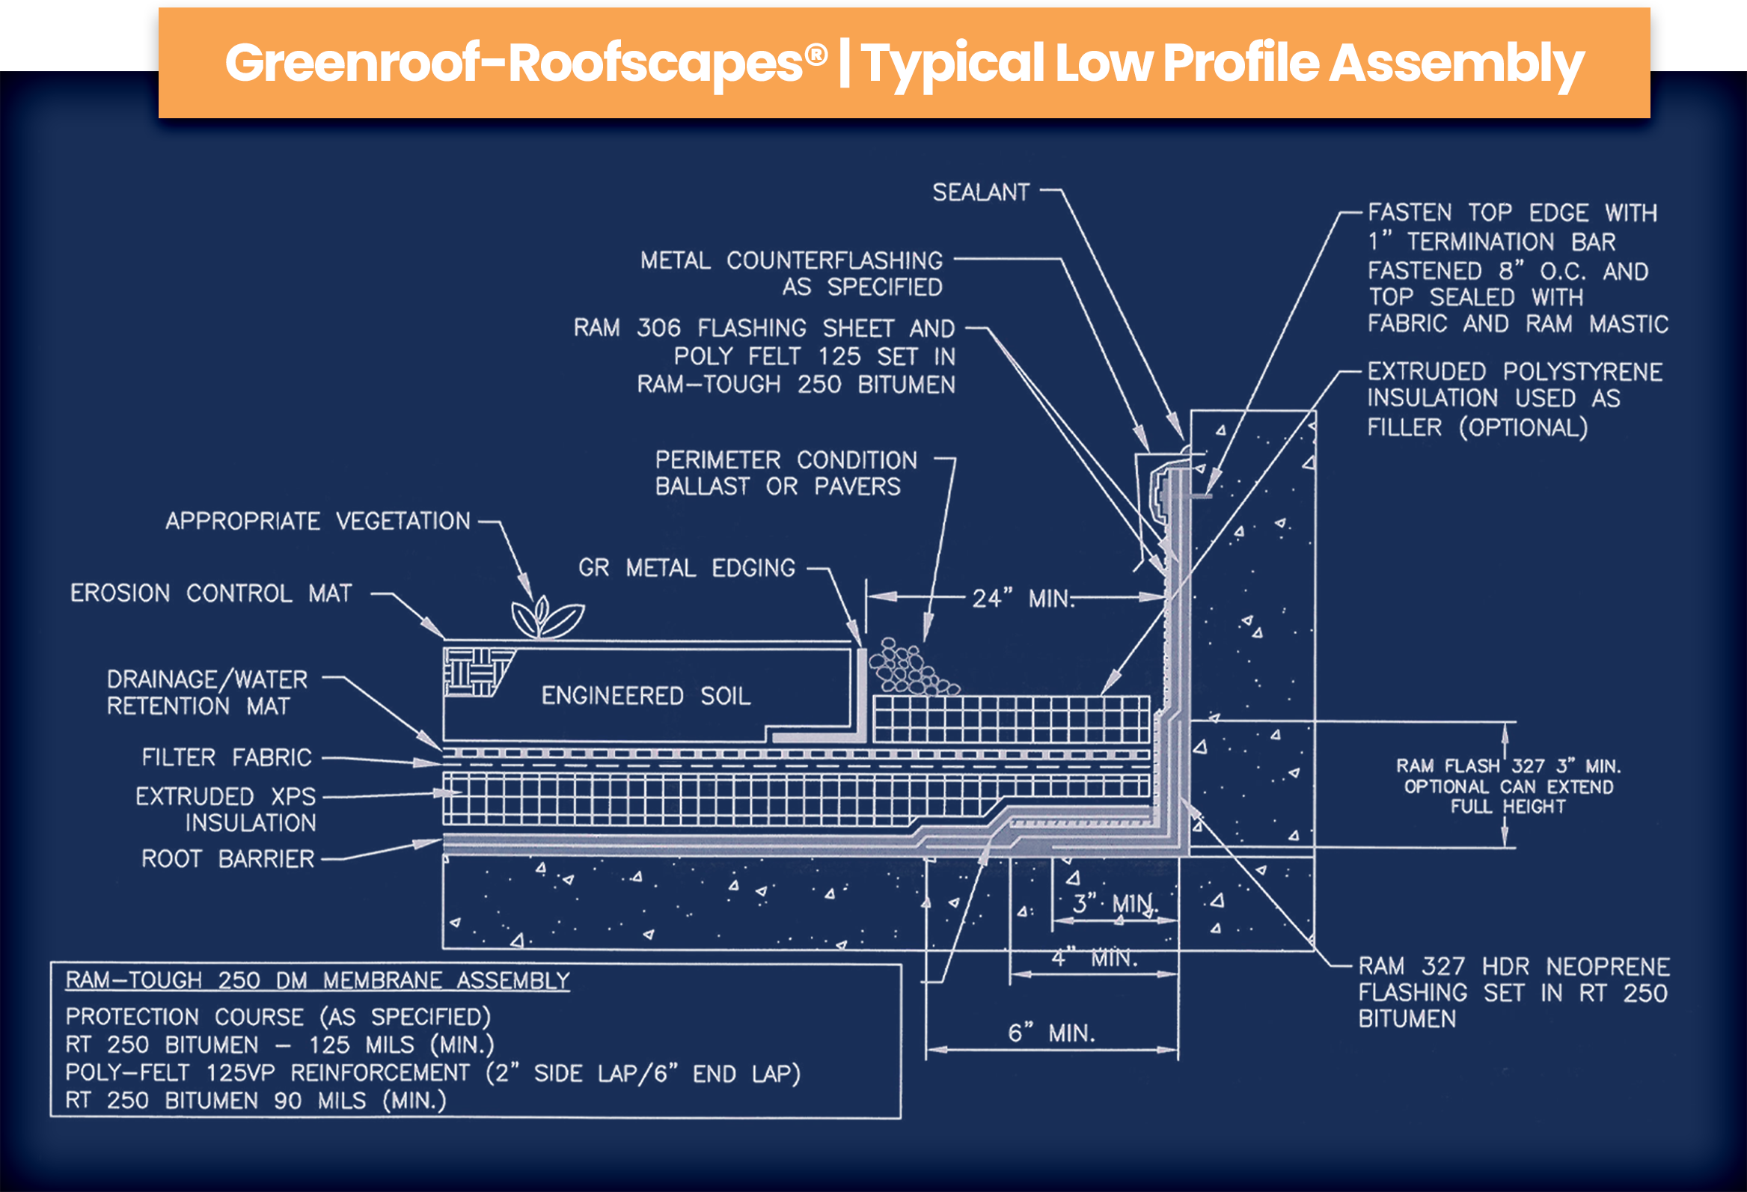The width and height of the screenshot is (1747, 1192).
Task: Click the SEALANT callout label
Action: (980, 192)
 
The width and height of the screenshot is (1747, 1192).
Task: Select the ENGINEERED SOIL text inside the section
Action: (646, 696)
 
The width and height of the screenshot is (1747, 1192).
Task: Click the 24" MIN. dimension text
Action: (1022, 599)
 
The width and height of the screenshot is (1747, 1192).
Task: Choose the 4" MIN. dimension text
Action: (1095, 958)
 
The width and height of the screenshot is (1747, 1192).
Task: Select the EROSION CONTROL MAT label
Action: (210, 593)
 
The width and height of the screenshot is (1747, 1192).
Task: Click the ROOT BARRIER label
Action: (227, 859)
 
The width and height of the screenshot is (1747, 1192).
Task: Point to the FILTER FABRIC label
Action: (226, 757)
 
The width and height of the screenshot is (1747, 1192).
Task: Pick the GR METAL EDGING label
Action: (686, 568)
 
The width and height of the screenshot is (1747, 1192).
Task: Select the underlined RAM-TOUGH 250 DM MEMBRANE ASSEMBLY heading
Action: (317, 981)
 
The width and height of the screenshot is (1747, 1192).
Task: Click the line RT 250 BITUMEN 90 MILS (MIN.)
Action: (256, 1101)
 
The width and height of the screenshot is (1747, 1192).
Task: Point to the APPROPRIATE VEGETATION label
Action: (317, 521)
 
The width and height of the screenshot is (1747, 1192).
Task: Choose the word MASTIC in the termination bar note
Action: (1628, 324)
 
